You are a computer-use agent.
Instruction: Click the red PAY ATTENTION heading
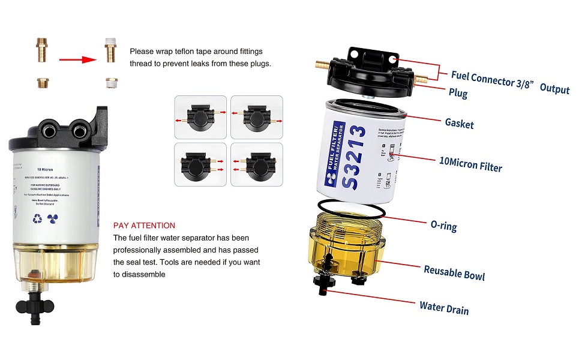[x=144, y=226]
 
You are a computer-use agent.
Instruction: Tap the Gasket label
[x=459, y=123]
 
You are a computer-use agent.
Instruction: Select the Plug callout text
[x=458, y=93]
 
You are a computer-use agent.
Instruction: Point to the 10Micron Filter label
[x=470, y=164]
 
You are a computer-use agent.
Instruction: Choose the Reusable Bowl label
[x=454, y=272]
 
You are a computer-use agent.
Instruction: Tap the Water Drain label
[x=444, y=308]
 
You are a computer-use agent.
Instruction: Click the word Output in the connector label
[x=554, y=88]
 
